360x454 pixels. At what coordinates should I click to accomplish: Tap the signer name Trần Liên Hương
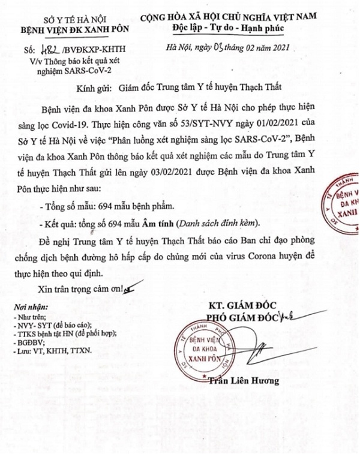pyautogui.click(x=239, y=381)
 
